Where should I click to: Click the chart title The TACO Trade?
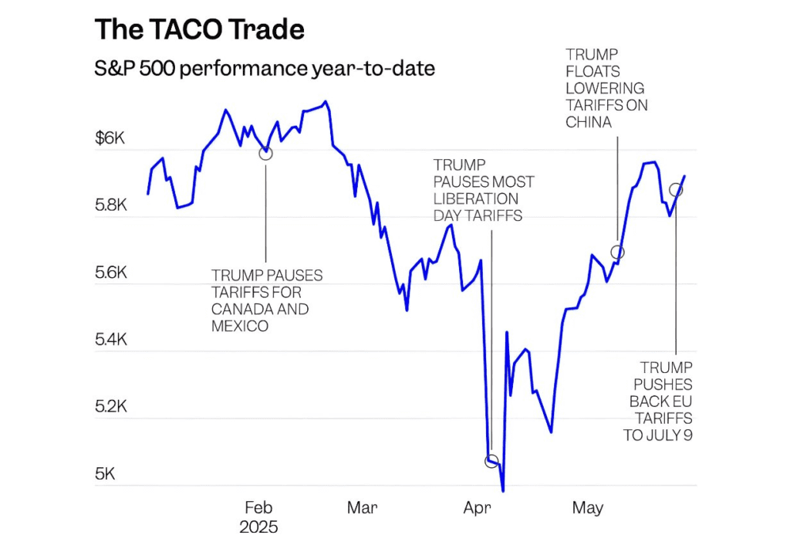point(199,29)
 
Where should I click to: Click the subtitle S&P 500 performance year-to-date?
point(264,69)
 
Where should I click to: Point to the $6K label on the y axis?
point(109,139)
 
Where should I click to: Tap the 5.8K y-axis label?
point(110,206)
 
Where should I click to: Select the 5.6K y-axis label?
point(110,273)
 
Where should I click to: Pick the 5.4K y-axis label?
point(110,340)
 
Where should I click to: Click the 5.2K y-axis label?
point(110,407)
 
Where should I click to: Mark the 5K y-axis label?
point(104,474)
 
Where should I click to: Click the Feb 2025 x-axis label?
point(258,517)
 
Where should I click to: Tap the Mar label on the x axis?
point(362,508)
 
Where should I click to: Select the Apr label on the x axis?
point(478,508)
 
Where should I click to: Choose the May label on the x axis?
point(587,508)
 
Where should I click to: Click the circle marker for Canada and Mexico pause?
point(265,153)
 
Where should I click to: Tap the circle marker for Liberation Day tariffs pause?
point(491,461)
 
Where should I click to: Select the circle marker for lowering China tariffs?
point(617,252)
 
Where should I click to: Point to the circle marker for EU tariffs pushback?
point(676,190)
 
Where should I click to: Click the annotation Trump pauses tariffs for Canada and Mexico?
point(266,301)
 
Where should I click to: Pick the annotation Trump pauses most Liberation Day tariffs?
point(483,190)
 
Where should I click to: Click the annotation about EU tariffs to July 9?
point(660,401)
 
